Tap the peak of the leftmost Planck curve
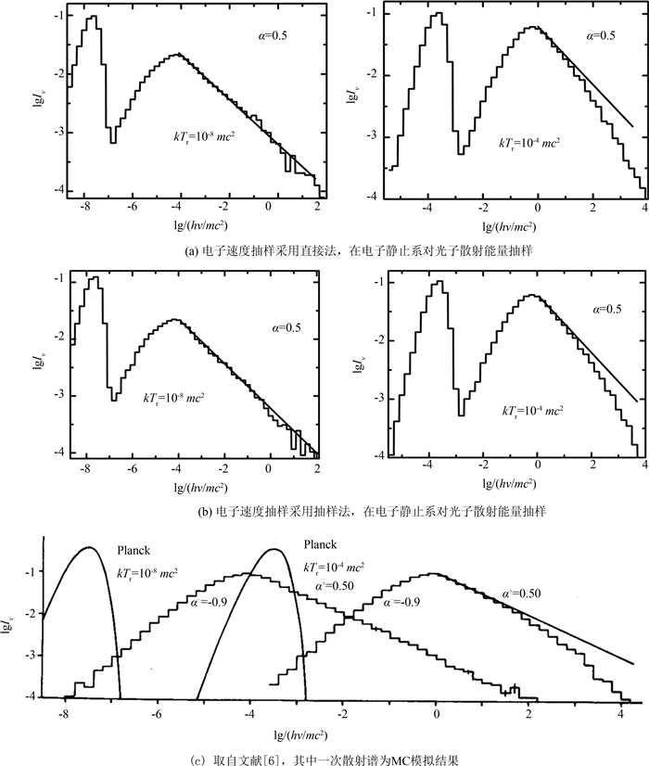pos(88,547)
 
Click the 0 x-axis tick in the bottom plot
pos(436,716)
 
